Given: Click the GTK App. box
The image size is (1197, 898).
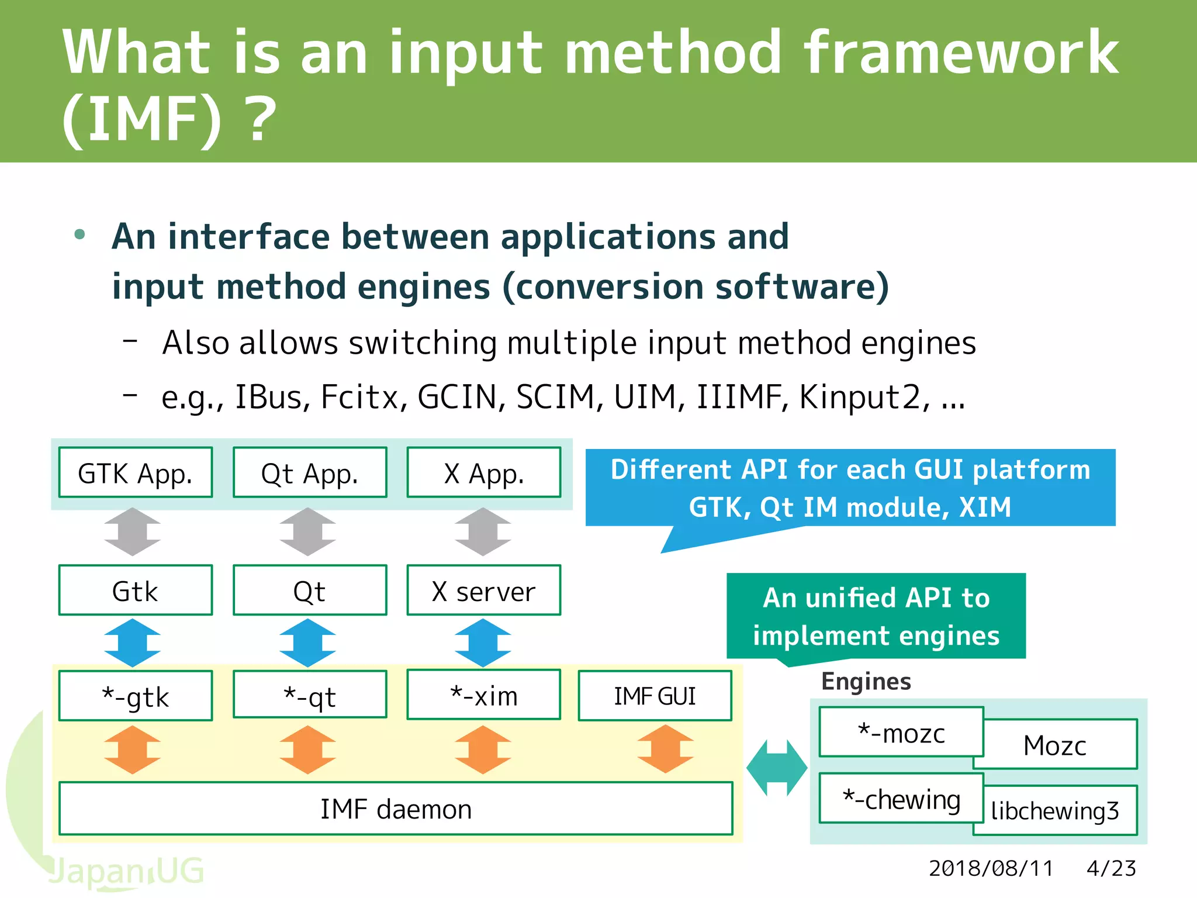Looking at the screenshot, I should [136, 472].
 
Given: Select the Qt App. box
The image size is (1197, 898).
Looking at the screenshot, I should [310, 472].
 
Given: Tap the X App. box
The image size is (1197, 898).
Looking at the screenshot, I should [484, 472].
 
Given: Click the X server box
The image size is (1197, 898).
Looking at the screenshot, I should [484, 590].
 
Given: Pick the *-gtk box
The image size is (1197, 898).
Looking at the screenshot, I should [136, 696].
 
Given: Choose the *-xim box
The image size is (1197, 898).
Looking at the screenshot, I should [484, 695].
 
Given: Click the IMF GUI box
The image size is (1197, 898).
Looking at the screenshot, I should [655, 696].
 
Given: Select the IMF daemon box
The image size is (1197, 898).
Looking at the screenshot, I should [396, 809].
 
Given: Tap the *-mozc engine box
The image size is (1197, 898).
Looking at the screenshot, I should [901, 732].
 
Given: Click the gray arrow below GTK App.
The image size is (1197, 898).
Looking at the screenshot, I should [133, 531].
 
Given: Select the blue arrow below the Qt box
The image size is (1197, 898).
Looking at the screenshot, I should [308, 643].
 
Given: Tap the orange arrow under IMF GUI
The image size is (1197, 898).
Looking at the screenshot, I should [665, 750].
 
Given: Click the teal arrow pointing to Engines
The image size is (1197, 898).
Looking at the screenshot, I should [777, 768].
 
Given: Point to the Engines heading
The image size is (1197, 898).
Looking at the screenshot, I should [866, 682].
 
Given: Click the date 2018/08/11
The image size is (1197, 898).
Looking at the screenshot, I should [991, 869].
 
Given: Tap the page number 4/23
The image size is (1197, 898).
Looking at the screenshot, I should [1111, 869].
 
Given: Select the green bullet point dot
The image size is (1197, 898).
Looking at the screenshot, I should [80, 235].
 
